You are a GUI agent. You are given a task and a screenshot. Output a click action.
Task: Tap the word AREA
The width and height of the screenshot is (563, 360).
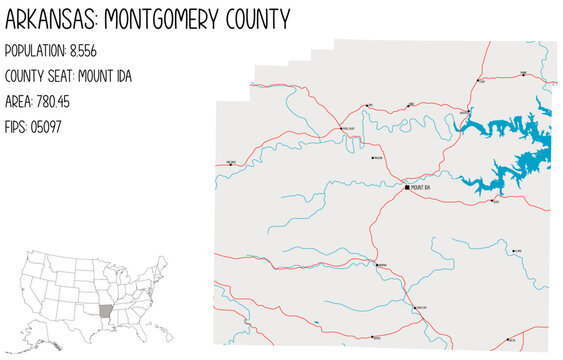point(20,101)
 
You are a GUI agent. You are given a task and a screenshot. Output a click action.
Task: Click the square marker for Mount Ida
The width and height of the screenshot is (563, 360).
point(407,187)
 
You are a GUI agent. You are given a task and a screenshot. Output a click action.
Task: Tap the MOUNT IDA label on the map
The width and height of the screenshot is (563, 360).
point(421,187)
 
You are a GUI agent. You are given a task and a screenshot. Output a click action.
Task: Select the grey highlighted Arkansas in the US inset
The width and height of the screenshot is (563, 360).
point(105,304)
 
